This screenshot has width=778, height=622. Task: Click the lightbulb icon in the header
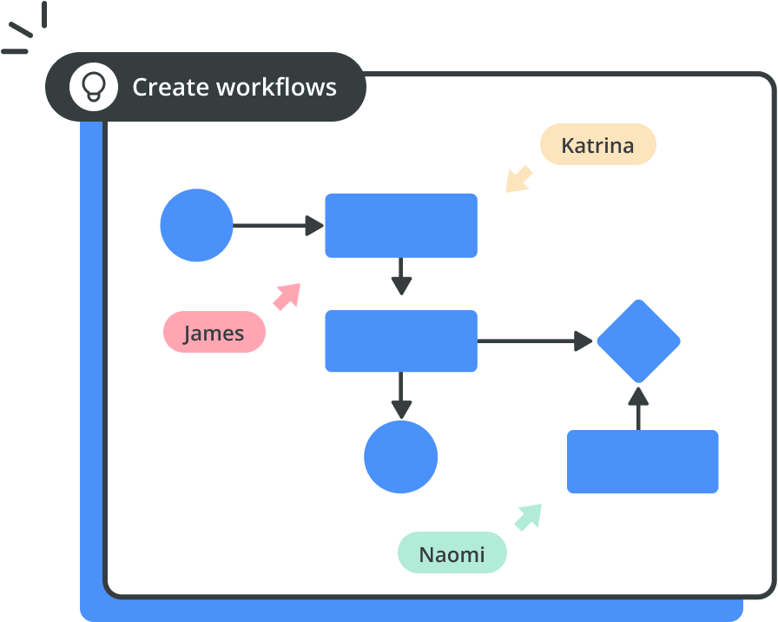(x=94, y=87)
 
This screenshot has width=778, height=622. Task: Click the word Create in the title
(x=171, y=87)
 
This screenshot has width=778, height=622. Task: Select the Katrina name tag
(x=598, y=144)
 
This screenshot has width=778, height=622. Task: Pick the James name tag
(x=214, y=332)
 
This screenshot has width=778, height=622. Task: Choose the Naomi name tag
(x=452, y=553)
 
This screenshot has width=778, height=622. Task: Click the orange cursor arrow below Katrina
(x=518, y=180)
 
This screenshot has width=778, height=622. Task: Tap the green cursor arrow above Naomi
(x=529, y=517)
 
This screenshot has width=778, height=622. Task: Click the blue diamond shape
(x=638, y=341)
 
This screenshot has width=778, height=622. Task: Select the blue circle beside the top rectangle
(x=196, y=225)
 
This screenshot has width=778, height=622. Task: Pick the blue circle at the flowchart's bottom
(x=401, y=457)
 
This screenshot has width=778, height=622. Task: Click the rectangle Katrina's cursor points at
(x=401, y=225)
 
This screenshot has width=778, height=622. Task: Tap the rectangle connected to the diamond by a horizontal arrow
(x=401, y=341)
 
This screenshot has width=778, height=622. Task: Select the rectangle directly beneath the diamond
(x=643, y=461)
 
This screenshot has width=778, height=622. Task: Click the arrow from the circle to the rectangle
(x=279, y=225)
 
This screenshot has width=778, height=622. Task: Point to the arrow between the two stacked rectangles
(x=401, y=276)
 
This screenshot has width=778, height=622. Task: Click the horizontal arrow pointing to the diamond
(x=535, y=341)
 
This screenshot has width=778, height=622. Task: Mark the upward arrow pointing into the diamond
(x=638, y=408)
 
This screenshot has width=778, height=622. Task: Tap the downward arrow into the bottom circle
(x=401, y=395)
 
